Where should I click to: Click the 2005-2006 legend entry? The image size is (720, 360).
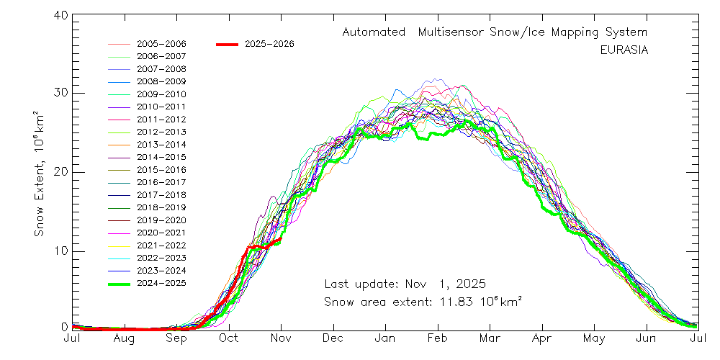[x=161, y=44]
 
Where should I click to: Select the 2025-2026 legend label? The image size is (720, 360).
[x=269, y=44]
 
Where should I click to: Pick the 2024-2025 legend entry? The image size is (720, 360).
[x=161, y=283]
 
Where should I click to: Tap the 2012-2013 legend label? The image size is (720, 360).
[x=161, y=132]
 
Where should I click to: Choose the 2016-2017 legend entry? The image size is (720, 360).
[x=161, y=182]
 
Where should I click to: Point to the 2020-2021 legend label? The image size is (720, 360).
[x=161, y=233]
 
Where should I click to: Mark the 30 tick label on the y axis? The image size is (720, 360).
[x=60, y=93]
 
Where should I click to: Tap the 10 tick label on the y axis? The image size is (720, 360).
[x=60, y=251]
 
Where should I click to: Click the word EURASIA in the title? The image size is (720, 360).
[x=624, y=50]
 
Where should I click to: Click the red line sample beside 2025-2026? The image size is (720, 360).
[x=227, y=44]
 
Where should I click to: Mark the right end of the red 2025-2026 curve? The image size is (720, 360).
[x=279, y=240]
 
